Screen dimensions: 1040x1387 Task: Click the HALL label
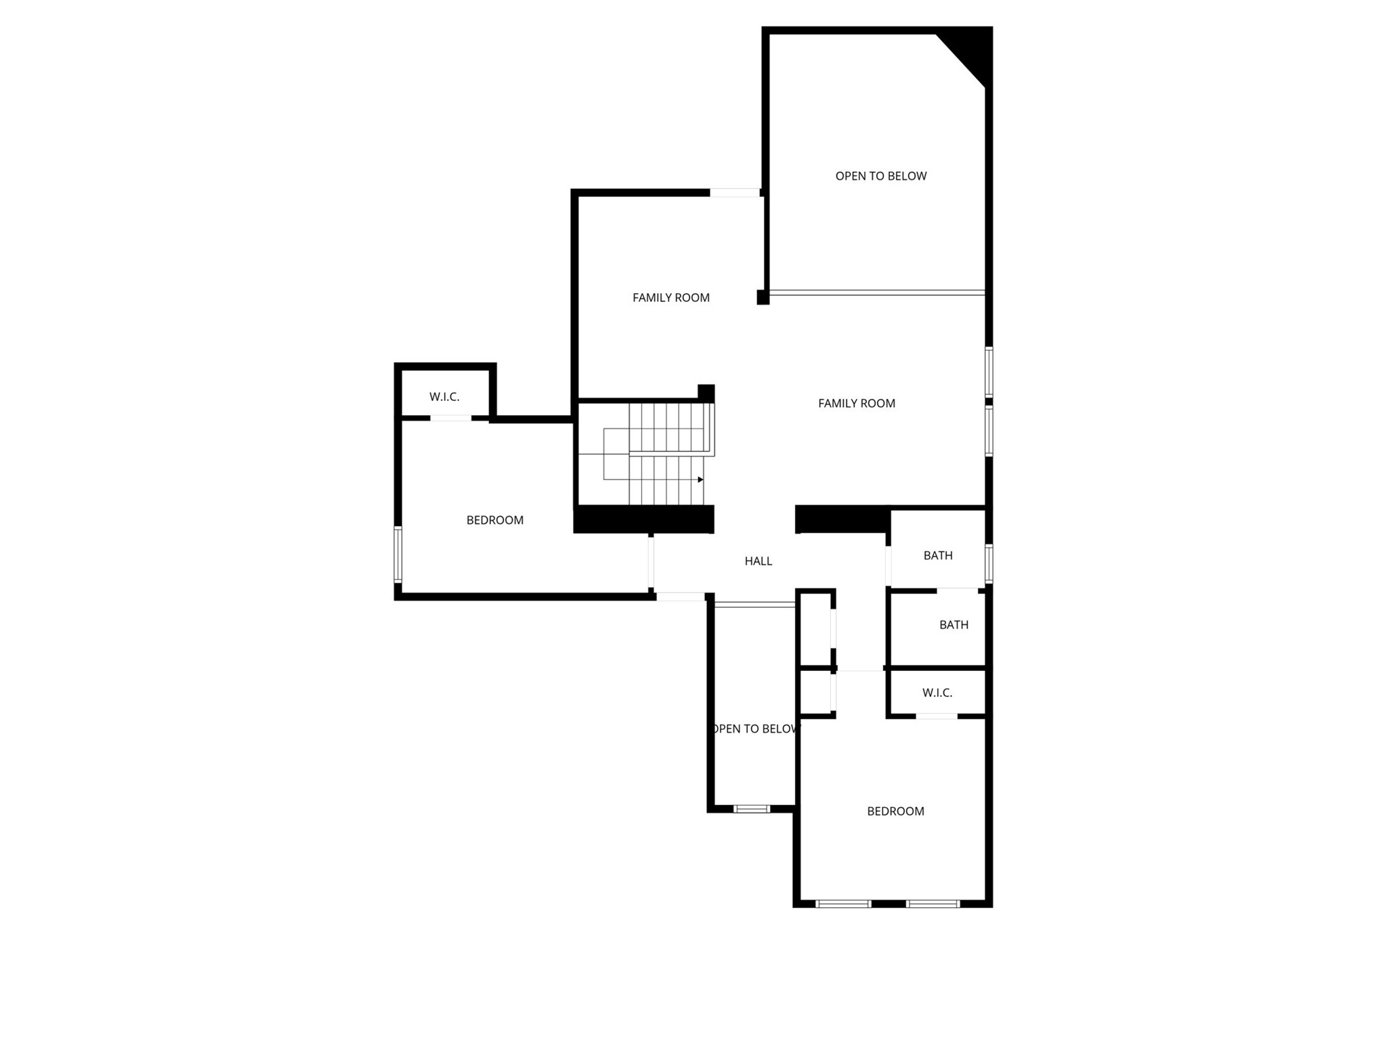point(758,561)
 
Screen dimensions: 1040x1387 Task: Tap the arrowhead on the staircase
point(700,479)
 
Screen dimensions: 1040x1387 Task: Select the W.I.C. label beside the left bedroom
point(444,397)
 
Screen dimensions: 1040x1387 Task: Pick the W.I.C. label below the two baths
point(937,693)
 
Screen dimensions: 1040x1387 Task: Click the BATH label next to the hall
point(938,555)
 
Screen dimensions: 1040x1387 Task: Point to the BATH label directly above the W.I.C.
point(954,624)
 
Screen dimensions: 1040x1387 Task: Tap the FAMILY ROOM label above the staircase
point(670,297)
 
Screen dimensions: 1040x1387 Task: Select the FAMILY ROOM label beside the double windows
point(856,403)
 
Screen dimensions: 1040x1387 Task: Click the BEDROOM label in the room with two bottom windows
point(895,811)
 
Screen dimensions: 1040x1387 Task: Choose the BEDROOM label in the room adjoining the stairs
point(494,520)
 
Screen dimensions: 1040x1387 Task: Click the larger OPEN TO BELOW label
point(880,176)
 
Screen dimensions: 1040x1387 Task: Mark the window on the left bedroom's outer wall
point(398,555)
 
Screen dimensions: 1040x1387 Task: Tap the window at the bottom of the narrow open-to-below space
point(752,808)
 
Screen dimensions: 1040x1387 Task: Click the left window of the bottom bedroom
point(843,903)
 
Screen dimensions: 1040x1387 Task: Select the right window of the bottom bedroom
point(933,903)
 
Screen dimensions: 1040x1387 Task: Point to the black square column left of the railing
point(763,297)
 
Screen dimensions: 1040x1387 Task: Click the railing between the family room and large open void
point(877,292)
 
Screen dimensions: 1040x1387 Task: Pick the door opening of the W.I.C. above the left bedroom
point(450,418)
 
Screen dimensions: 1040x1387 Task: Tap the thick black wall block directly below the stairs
point(643,519)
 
